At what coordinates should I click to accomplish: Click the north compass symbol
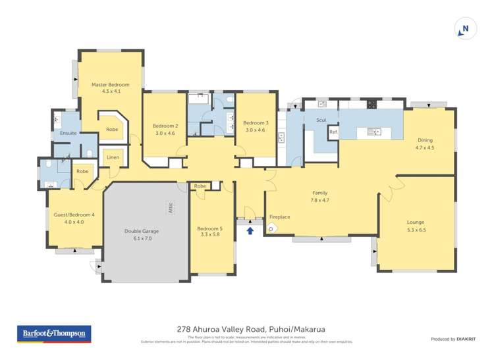(464, 28)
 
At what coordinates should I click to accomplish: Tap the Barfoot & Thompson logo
(53, 334)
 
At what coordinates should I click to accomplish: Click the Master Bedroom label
(111, 85)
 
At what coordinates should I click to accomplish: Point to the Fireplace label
(280, 217)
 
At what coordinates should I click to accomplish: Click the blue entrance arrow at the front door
(250, 230)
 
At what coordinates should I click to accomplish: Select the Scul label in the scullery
(321, 120)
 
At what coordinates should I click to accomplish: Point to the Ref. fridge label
(333, 132)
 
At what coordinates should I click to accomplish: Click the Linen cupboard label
(113, 157)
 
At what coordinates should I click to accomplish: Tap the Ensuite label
(69, 133)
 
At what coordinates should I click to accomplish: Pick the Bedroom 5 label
(211, 228)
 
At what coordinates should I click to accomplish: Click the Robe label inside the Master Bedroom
(112, 130)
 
